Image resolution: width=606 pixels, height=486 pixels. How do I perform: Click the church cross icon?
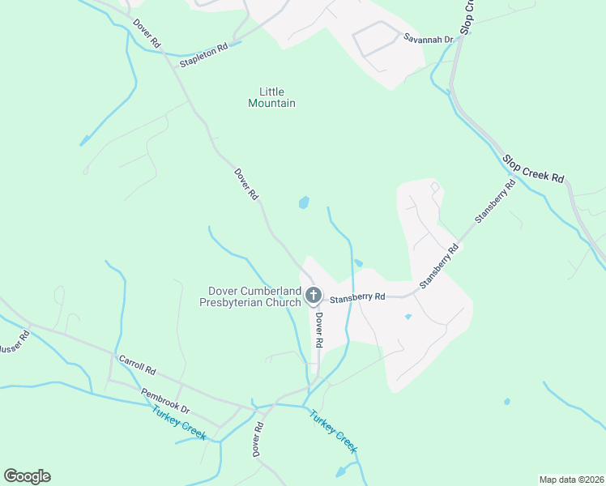314,297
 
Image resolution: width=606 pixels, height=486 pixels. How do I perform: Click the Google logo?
27,476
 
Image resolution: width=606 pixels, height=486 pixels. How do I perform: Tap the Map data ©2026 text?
571,480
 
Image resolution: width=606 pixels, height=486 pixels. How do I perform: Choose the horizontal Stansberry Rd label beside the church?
356,296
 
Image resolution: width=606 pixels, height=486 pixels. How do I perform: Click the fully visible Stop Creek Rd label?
532,169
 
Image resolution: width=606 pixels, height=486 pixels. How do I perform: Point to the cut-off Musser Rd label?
14,348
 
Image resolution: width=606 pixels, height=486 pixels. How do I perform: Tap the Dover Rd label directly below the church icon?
319,331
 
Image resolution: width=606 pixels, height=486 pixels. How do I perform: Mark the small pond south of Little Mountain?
304,202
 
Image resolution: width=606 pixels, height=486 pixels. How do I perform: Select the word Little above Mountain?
273,92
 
